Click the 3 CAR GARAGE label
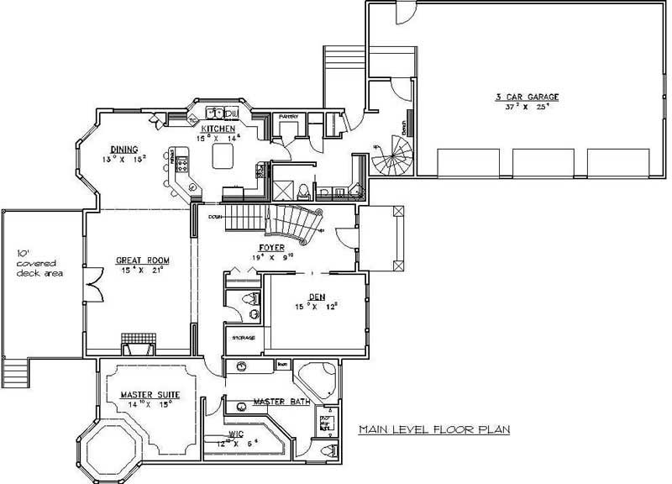527,97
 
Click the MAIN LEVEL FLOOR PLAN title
435,429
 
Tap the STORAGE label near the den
244,338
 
